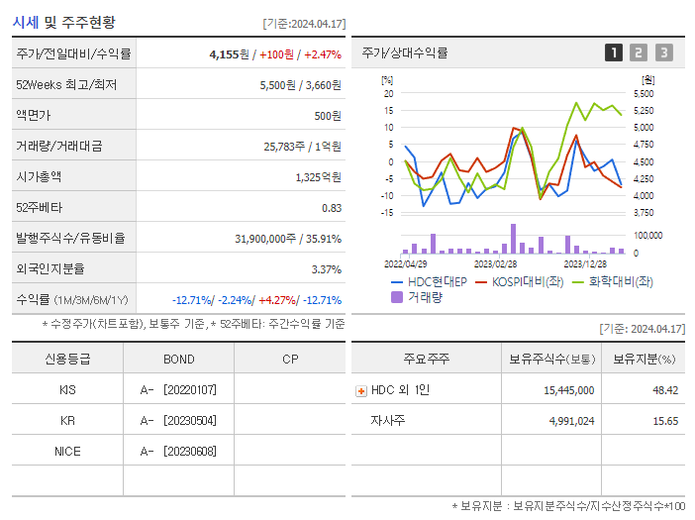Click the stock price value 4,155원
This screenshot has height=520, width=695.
tap(231, 54)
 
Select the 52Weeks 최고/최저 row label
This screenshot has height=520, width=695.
tap(67, 85)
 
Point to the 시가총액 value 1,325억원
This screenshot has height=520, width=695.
tap(318, 177)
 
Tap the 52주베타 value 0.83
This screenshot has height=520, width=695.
tap(332, 208)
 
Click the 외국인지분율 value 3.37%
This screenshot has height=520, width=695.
tap(326, 269)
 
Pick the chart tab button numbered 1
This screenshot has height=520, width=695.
tap(614, 52)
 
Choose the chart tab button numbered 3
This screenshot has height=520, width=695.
tap(663, 52)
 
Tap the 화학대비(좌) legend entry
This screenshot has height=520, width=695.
tap(620, 282)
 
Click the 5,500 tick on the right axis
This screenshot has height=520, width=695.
tap(643, 93)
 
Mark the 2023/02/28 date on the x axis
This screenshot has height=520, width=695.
tap(495, 264)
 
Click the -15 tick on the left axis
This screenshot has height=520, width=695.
tap(388, 212)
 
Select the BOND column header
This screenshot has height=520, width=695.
tap(178, 359)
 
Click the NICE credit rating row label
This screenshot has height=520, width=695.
tap(67, 451)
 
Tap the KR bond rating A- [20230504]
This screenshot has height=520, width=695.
tap(178, 420)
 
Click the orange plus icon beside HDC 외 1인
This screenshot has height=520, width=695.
tap(361, 390)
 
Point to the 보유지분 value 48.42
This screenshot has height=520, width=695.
tap(664, 390)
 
